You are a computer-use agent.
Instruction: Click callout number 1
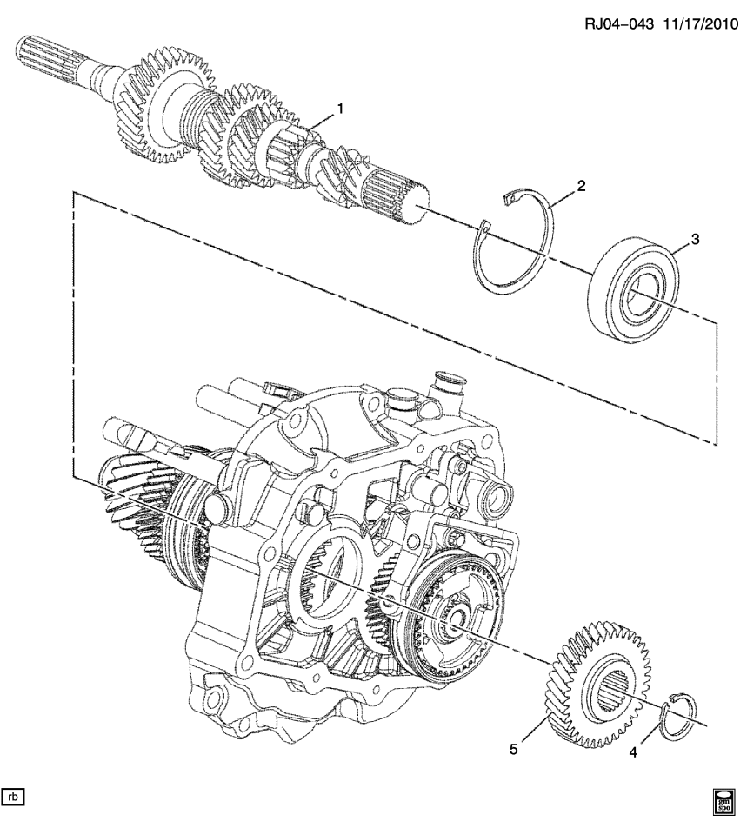click(340, 109)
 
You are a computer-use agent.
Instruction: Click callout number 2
click(581, 185)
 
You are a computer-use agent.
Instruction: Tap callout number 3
click(695, 238)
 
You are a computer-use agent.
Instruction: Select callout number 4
click(633, 752)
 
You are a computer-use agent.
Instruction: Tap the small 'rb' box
click(14, 795)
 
